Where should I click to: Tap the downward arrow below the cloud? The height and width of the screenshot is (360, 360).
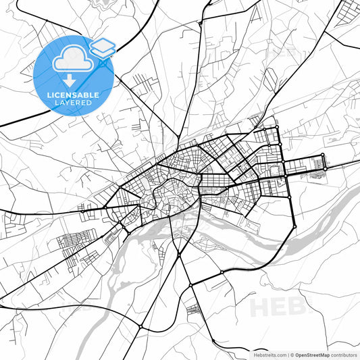(x=68, y=80)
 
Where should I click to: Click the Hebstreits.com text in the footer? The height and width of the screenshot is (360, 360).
(x=268, y=355)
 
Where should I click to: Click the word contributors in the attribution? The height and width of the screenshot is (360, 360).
(x=344, y=355)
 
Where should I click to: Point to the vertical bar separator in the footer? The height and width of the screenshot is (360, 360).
(x=288, y=355)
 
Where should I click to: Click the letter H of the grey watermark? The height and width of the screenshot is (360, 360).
(x=261, y=307)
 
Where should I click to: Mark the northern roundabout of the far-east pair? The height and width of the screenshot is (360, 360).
(x=323, y=155)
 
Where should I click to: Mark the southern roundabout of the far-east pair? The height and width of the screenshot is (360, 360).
(x=324, y=168)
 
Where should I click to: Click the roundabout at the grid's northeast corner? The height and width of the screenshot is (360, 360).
(x=277, y=127)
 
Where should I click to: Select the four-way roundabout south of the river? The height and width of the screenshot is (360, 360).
(x=191, y=285)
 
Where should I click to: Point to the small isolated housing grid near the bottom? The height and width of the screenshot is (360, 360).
(x=193, y=310)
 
